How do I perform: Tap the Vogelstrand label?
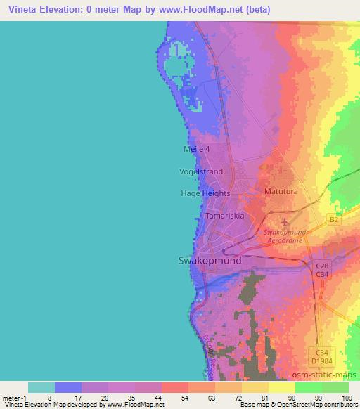(x=200, y=171)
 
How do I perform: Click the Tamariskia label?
(x=224, y=216)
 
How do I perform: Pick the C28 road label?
(x=321, y=266)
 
